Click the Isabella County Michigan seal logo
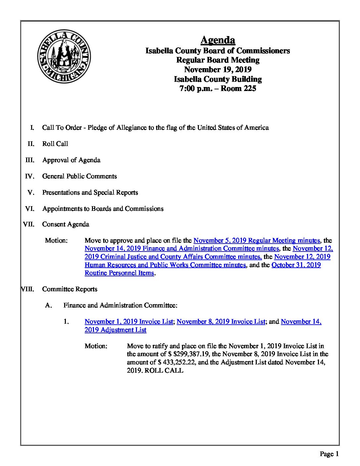coord(64,56)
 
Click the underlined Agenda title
coord(218,40)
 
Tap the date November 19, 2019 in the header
coord(218,70)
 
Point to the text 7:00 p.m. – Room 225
coord(218,89)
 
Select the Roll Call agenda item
coord(55,144)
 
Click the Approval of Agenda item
coord(71,160)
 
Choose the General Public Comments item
coord(79,176)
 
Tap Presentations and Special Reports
coord(90,192)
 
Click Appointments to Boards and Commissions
coord(103,209)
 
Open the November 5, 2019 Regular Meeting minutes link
coord(256,240)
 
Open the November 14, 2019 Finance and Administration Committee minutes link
coord(182,248)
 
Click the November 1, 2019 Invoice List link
coord(129,321)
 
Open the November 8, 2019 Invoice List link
coord(221,321)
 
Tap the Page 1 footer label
coord(329,454)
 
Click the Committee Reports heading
coord(69,289)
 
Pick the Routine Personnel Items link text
coord(119,273)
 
